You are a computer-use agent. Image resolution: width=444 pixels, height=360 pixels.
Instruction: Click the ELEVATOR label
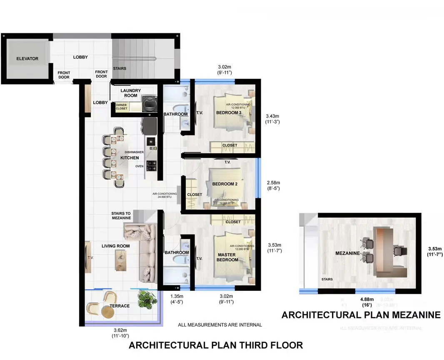click(x=27, y=59)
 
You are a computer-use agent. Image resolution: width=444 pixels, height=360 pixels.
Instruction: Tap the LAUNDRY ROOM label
click(x=130, y=93)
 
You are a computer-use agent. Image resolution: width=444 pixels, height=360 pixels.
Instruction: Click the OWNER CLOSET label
click(x=121, y=107)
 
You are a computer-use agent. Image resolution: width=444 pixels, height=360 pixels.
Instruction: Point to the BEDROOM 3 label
click(x=229, y=113)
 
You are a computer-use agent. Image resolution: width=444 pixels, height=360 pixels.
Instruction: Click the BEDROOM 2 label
click(x=224, y=184)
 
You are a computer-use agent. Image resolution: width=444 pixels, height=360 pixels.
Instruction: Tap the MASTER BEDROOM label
click(x=227, y=257)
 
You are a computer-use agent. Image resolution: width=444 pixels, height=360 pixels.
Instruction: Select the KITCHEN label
click(x=130, y=158)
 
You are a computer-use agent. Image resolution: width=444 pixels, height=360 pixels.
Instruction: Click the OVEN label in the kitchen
click(x=139, y=166)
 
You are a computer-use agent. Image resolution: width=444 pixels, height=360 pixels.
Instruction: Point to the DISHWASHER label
click(x=134, y=152)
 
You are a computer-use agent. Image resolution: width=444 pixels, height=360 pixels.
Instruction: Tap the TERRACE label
click(x=120, y=306)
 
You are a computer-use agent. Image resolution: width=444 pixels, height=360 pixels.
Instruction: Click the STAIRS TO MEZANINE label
click(x=121, y=215)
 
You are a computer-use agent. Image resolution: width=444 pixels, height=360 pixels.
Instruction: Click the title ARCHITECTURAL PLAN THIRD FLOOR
click(x=215, y=345)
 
